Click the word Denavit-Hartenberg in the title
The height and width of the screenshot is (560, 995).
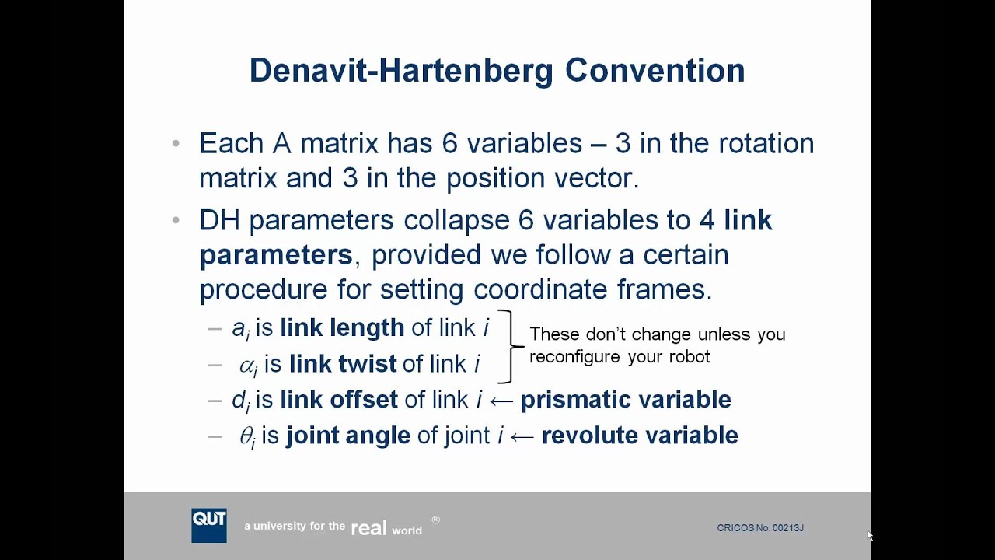coord(401,70)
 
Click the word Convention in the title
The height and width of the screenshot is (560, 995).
coord(655,70)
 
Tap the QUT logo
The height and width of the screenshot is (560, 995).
coord(209,525)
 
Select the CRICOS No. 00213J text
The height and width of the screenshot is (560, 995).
coord(759,528)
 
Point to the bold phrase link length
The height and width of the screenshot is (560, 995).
coord(342,328)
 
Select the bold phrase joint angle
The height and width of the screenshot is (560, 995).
coord(347,436)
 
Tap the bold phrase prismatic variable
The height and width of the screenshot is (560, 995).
coord(626,400)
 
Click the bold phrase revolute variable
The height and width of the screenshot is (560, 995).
coord(640,436)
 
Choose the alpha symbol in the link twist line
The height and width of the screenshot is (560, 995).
coord(247,365)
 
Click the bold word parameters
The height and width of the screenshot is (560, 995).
coord(276,255)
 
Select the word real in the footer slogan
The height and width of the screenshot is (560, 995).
coord(368,529)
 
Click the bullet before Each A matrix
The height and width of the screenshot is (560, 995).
coord(176,144)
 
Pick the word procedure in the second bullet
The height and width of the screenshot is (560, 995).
coord(264,290)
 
